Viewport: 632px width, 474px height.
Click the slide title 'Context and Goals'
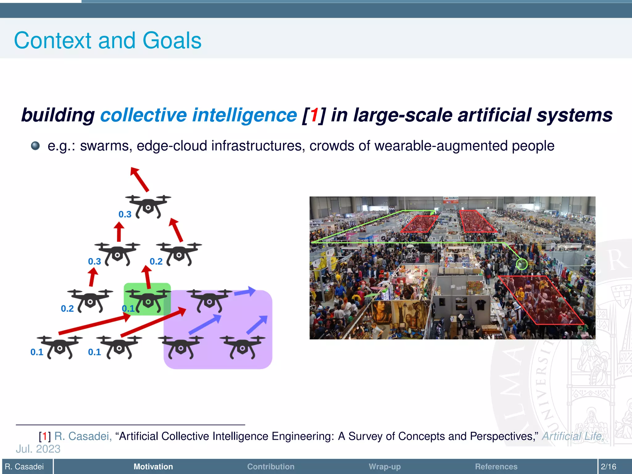tap(108, 40)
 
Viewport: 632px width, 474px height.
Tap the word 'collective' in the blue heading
tap(143, 115)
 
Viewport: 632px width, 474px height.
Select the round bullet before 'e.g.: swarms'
tap(35, 146)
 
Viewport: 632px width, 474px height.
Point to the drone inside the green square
tap(148, 300)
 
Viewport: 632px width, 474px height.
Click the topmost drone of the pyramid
tap(148, 206)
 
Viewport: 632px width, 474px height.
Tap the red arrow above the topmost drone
tap(139, 179)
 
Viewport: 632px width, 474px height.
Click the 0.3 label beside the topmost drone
tap(125, 214)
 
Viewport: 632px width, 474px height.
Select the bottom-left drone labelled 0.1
tap(60, 347)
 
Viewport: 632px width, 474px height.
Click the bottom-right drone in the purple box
tap(243, 347)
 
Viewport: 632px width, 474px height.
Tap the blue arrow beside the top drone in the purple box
tap(245, 291)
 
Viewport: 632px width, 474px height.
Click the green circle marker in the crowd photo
tap(522, 264)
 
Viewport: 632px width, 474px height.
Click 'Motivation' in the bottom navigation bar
tap(153, 467)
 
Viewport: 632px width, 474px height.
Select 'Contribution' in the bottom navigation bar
tap(271, 467)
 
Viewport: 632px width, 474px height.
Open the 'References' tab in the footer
tap(496, 467)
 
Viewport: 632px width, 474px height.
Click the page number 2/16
tap(609, 467)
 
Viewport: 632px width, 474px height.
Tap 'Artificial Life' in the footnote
tap(572, 436)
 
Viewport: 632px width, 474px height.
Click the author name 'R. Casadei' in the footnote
tap(83, 436)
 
